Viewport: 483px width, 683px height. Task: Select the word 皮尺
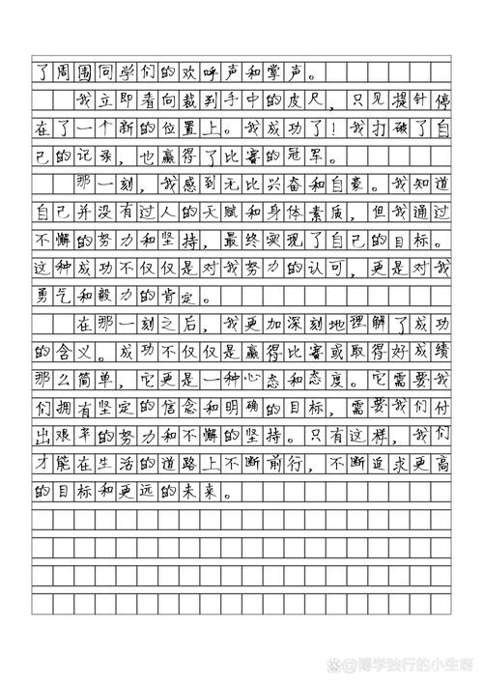[x=276, y=99]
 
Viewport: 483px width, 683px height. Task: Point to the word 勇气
[x=53, y=295]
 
